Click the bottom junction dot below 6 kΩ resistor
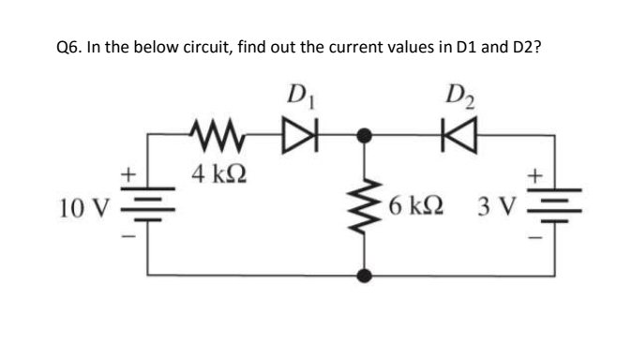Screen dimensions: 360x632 pyautogui.click(x=367, y=276)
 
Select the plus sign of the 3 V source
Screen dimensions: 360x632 pyautogui.click(x=536, y=175)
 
